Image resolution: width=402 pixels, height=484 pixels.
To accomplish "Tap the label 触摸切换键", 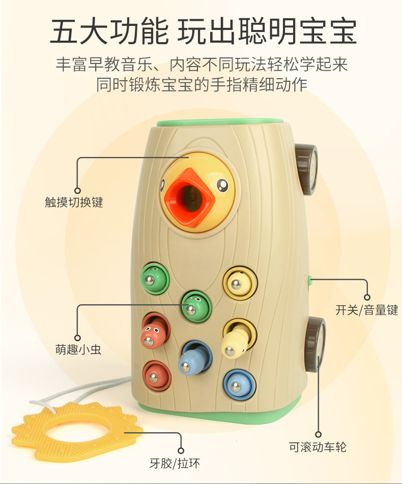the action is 74,202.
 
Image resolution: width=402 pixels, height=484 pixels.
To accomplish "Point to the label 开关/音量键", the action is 366,309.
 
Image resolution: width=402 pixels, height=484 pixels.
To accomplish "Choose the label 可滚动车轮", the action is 318,447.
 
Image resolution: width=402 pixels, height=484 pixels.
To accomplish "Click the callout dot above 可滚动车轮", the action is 318,435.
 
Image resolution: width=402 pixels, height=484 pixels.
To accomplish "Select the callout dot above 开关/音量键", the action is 366,297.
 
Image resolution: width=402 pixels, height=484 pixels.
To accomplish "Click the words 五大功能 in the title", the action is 109,31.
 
